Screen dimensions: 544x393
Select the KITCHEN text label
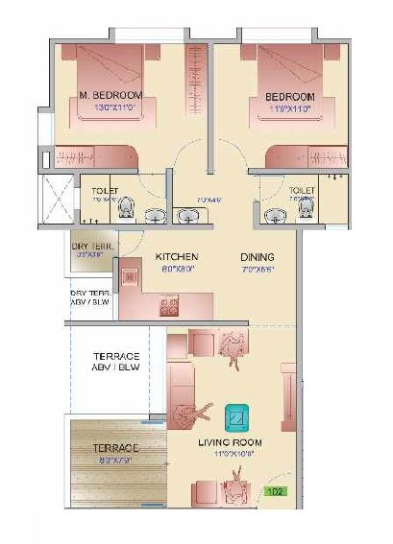[177, 257]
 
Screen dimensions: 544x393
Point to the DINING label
[258, 257]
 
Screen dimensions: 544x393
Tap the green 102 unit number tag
[276, 491]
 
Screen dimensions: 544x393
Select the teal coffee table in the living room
[236, 417]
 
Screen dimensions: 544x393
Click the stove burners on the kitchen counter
[169, 307]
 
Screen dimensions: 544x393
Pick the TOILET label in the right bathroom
[302, 191]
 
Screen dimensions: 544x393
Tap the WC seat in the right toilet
[305, 206]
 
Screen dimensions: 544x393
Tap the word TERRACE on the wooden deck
[115, 448]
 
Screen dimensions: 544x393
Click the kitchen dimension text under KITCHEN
[177, 270]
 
